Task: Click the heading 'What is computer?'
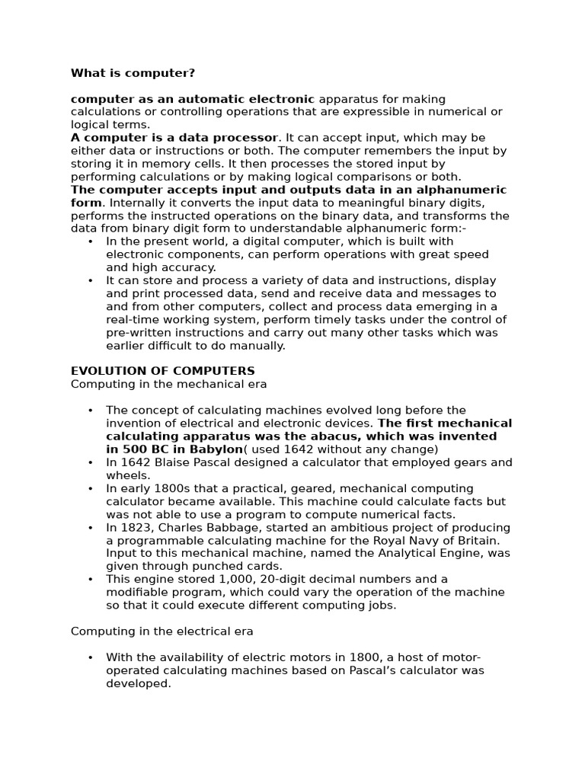(133, 73)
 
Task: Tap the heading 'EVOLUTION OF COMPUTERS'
(163, 371)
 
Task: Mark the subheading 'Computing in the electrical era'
(162, 631)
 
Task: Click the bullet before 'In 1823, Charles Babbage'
(91, 528)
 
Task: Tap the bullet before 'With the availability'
(91, 658)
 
